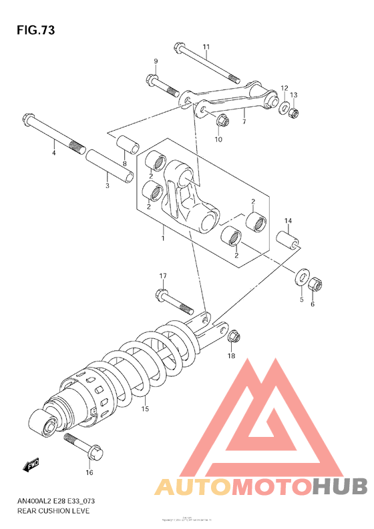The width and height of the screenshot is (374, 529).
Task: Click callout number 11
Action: coord(206,47)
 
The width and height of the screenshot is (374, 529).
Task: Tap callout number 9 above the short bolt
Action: coord(156,61)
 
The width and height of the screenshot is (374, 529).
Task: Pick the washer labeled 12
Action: coord(284,107)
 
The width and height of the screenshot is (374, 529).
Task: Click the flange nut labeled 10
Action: coord(224,121)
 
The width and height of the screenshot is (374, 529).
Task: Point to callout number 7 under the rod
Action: coord(244,121)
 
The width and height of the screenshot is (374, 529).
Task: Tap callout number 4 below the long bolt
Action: coord(54,153)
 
